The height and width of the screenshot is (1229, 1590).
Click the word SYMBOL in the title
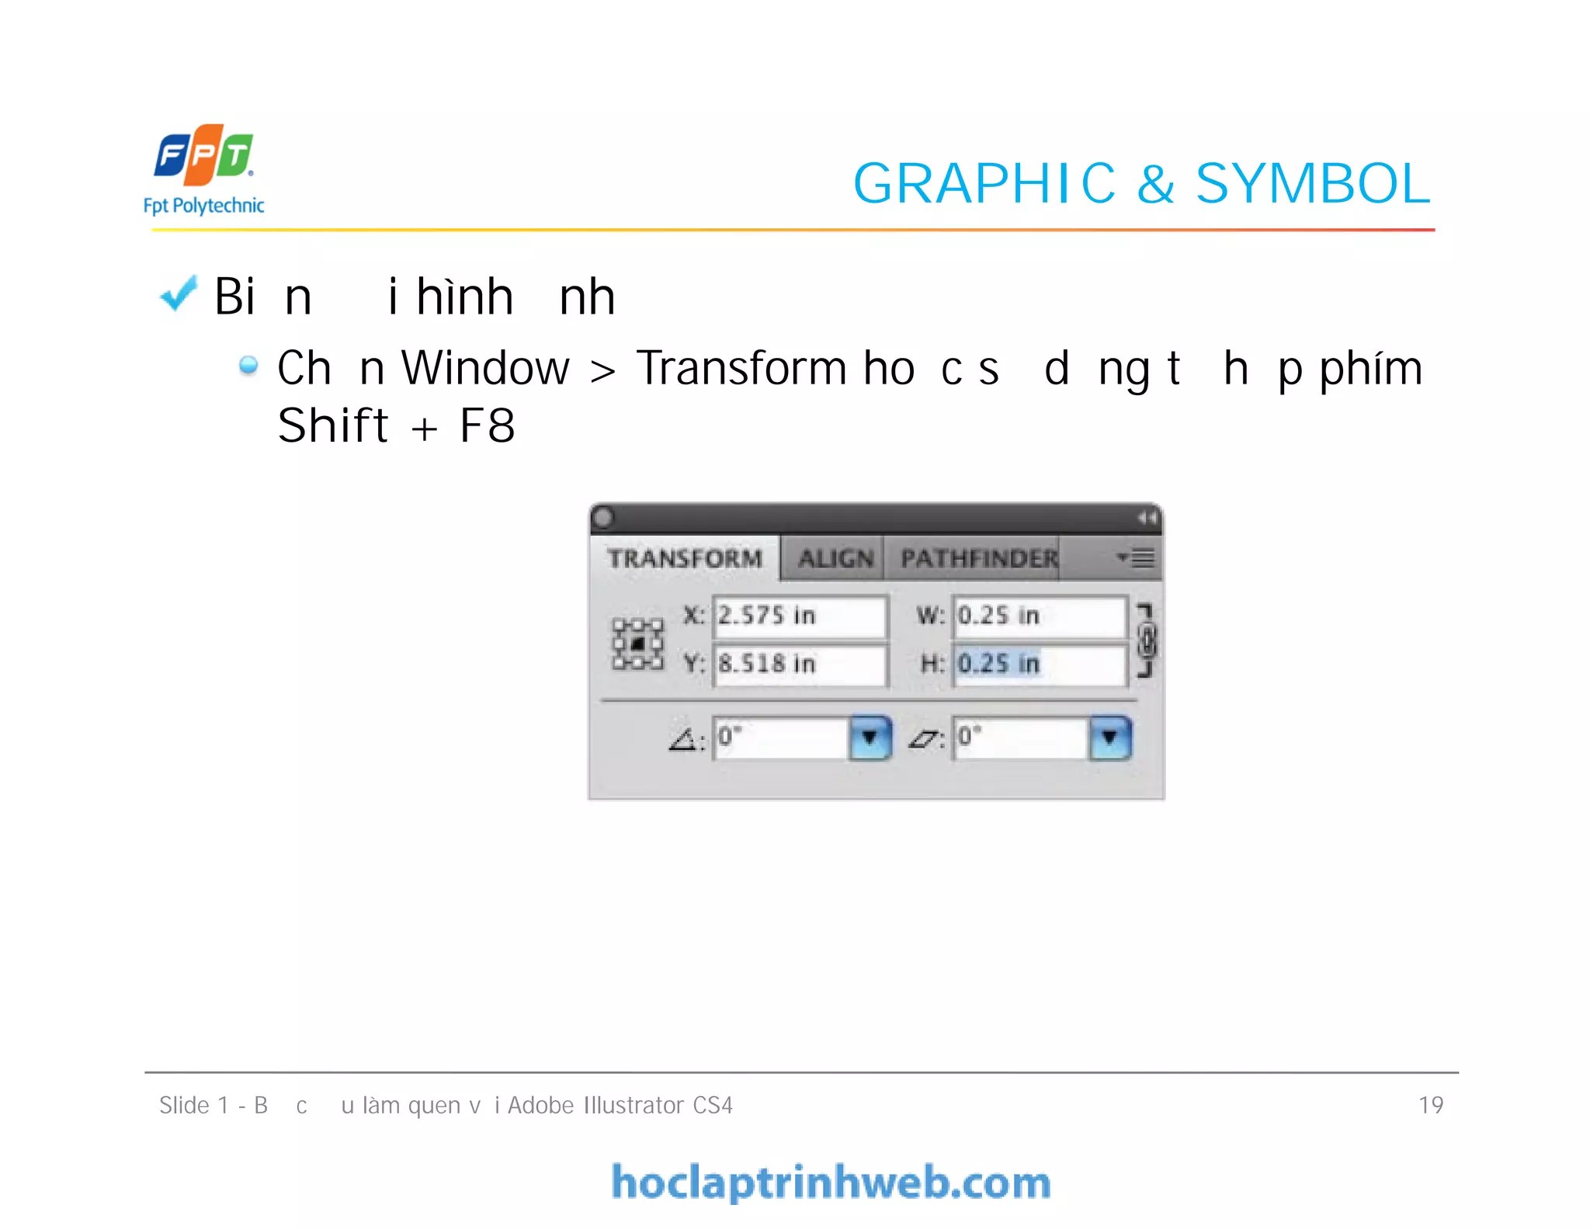(x=1312, y=184)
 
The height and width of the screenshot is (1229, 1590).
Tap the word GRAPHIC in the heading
(x=984, y=184)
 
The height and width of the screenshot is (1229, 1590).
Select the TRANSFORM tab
(x=685, y=558)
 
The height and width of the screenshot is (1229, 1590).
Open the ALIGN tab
(x=835, y=558)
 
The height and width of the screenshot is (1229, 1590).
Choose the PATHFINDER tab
(x=978, y=558)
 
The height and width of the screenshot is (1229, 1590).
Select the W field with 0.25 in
(x=1038, y=616)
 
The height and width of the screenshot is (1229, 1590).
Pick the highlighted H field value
(x=998, y=664)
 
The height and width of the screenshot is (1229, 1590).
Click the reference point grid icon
(x=637, y=644)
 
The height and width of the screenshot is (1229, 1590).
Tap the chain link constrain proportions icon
(x=1146, y=641)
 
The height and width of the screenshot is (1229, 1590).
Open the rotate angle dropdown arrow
(x=870, y=738)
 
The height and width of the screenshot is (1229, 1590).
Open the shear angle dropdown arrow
(x=1109, y=738)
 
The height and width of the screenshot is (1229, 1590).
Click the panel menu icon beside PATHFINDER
(x=1136, y=558)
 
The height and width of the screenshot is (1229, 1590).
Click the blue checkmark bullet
(x=179, y=294)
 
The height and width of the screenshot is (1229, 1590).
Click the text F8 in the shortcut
(x=487, y=425)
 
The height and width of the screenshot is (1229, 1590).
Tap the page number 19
(x=1430, y=1105)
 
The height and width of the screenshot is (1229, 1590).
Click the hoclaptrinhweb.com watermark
(x=831, y=1182)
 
